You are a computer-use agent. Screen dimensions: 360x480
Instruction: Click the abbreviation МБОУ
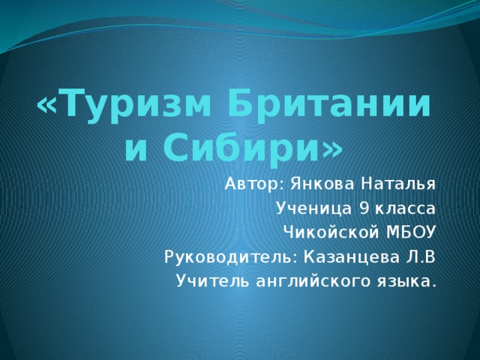tap(409, 232)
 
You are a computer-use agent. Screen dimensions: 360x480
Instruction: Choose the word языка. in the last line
tap(406, 282)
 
